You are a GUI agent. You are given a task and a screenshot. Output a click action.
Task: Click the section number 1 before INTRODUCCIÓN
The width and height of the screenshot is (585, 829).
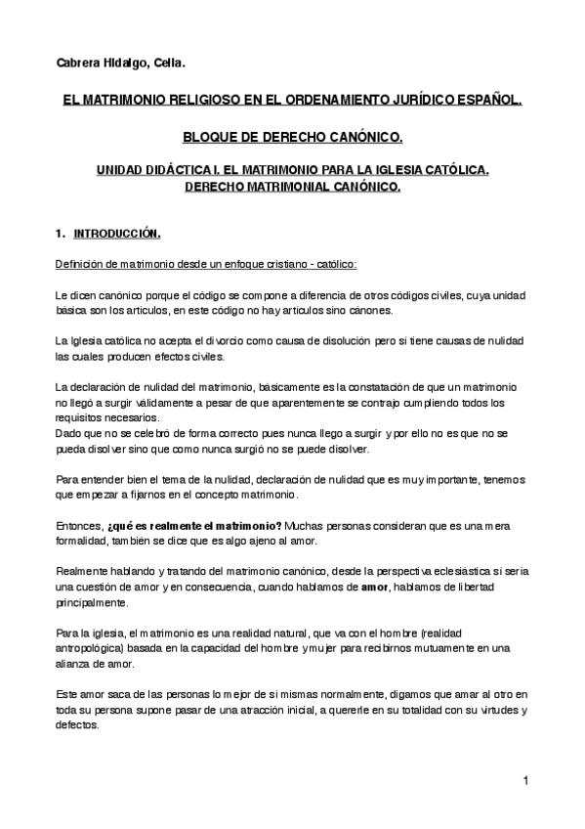61,234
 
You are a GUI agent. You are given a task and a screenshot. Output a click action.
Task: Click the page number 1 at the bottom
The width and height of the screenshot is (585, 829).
524,780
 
